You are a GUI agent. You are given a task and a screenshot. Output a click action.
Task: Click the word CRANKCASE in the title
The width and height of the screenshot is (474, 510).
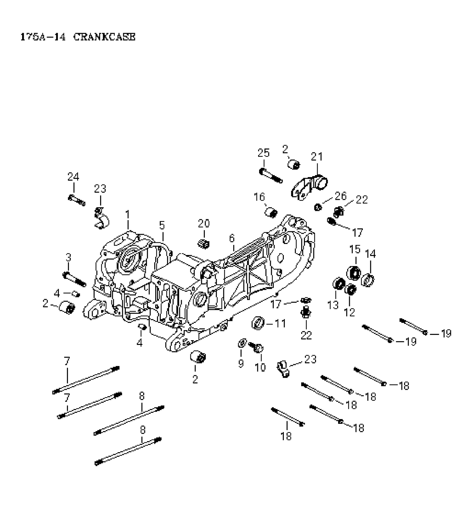point(104,37)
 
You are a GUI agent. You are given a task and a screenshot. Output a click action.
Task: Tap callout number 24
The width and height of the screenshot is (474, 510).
point(73,177)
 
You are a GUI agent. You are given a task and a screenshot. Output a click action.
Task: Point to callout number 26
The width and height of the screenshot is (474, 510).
point(341,196)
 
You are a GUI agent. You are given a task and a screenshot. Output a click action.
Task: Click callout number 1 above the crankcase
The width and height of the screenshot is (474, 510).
point(127,215)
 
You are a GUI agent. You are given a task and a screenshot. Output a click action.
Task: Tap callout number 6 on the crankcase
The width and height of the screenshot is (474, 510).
point(232,238)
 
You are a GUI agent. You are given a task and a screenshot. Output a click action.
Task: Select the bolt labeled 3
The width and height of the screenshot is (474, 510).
point(74,279)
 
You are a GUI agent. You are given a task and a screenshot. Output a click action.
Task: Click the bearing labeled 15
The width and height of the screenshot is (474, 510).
point(354,272)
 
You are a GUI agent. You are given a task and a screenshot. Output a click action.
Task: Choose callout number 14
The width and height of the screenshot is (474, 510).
point(370,254)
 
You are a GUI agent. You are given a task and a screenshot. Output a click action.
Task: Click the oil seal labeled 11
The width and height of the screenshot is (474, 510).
point(258,323)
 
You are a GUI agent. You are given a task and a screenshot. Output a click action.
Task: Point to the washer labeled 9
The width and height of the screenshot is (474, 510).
point(242,343)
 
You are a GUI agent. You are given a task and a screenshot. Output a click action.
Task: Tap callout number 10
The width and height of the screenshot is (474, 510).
point(260,368)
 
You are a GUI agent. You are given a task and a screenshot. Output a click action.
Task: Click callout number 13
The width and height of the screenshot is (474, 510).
point(333,305)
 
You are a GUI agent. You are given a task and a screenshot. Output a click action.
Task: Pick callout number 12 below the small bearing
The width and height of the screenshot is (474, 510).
point(349,312)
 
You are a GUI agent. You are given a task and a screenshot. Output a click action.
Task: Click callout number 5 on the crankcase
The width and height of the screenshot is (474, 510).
point(162,225)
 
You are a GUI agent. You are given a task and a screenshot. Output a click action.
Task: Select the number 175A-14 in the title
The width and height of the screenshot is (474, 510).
point(43,37)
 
